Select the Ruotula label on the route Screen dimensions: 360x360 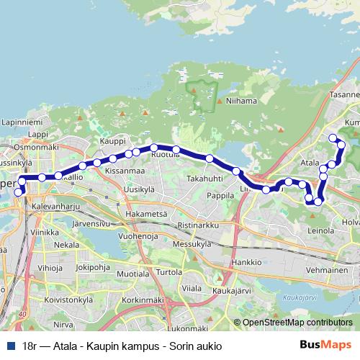pyautogui.click(x=165, y=153)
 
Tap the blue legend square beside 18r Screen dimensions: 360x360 pyautogui.click(x=9, y=346)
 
